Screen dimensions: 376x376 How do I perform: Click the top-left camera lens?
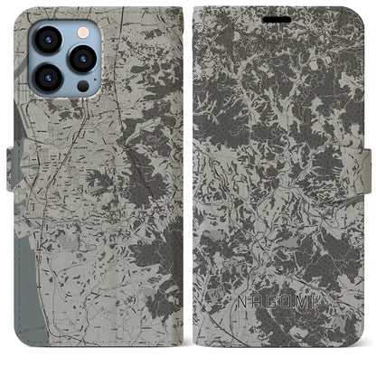coord(47,39)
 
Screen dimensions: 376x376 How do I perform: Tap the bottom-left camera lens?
coord(47,78)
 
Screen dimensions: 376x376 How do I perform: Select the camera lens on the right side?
coord(83,58)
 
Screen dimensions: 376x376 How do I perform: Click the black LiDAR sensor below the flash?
coord(83,86)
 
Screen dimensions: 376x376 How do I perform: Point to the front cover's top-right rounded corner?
coord(357,13)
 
